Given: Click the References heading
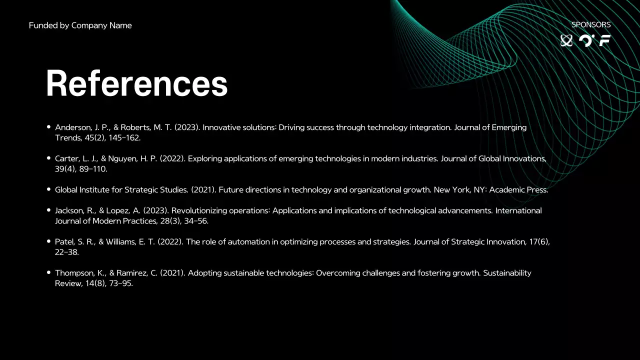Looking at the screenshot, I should pyautogui.click(x=136, y=83).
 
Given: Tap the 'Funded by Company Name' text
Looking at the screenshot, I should pyautogui.click(x=80, y=25).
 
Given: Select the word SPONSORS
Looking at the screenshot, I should pyautogui.click(x=591, y=24).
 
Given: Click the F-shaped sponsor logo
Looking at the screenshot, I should pyautogui.click(x=605, y=41).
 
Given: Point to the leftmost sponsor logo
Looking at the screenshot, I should pyautogui.click(x=566, y=41).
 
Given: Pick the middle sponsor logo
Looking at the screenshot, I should pyautogui.click(x=585, y=41).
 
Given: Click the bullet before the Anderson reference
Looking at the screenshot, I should pyautogui.click(x=48, y=127).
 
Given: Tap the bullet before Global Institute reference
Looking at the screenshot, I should pyautogui.click(x=48, y=189).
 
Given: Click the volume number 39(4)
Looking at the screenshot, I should pyautogui.click(x=65, y=169).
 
